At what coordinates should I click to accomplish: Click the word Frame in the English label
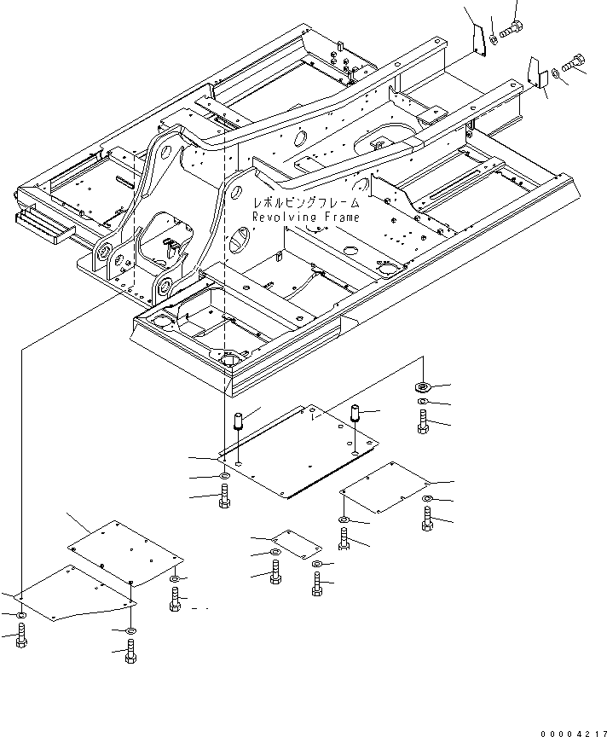click(x=342, y=218)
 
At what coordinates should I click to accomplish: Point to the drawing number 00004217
click(x=573, y=734)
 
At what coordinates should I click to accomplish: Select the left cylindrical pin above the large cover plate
click(x=238, y=420)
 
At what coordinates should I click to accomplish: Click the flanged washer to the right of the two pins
click(x=423, y=386)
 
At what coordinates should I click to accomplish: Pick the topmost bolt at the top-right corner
click(x=510, y=28)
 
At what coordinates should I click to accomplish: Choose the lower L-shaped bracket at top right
click(x=536, y=72)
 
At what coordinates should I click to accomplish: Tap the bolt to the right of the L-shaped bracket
click(x=573, y=63)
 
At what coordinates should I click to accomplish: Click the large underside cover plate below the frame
click(x=298, y=450)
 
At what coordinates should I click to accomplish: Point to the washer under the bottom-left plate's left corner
click(x=21, y=615)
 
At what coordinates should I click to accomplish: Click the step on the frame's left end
click(x=44, y=224)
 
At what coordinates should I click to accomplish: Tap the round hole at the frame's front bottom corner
click(x=229, y=360)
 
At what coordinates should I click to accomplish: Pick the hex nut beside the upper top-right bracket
click(x=493, y=39)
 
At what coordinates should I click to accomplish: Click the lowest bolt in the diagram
click(x=131, y=650)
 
